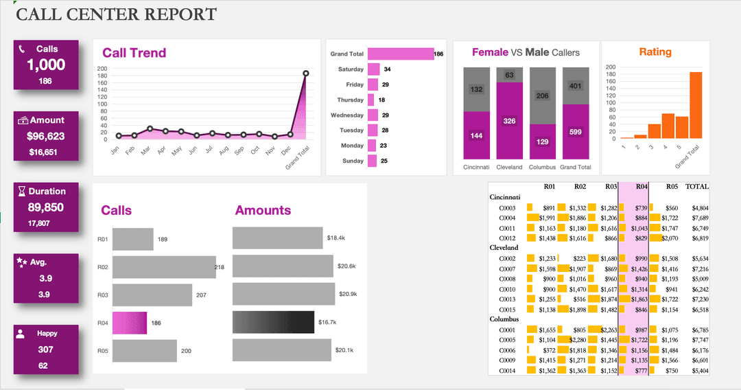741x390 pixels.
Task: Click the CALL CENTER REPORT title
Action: click(116, 14)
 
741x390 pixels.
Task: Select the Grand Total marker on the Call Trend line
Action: click(305, 73)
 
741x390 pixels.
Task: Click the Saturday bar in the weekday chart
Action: click(373, 69)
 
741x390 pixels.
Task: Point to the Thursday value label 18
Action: click(381, 100)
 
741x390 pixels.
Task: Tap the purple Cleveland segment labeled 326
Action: click(509, 122)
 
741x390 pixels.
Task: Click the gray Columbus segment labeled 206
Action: click(542, 96)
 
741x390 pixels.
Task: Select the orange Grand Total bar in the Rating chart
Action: click(696, 105)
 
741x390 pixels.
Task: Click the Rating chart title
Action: click(655, 52)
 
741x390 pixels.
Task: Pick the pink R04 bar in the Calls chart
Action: click(130, 323)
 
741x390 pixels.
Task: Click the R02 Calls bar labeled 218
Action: click(163, 267)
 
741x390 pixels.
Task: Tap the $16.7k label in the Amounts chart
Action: click(327, 322)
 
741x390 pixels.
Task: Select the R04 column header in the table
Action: click(642, 186)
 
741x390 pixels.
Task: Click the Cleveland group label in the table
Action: click(504, 247)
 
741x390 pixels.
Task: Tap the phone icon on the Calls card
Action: click(22, 49)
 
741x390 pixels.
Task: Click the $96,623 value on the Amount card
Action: click(46, 137)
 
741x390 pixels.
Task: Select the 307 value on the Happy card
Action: click(46, 349)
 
